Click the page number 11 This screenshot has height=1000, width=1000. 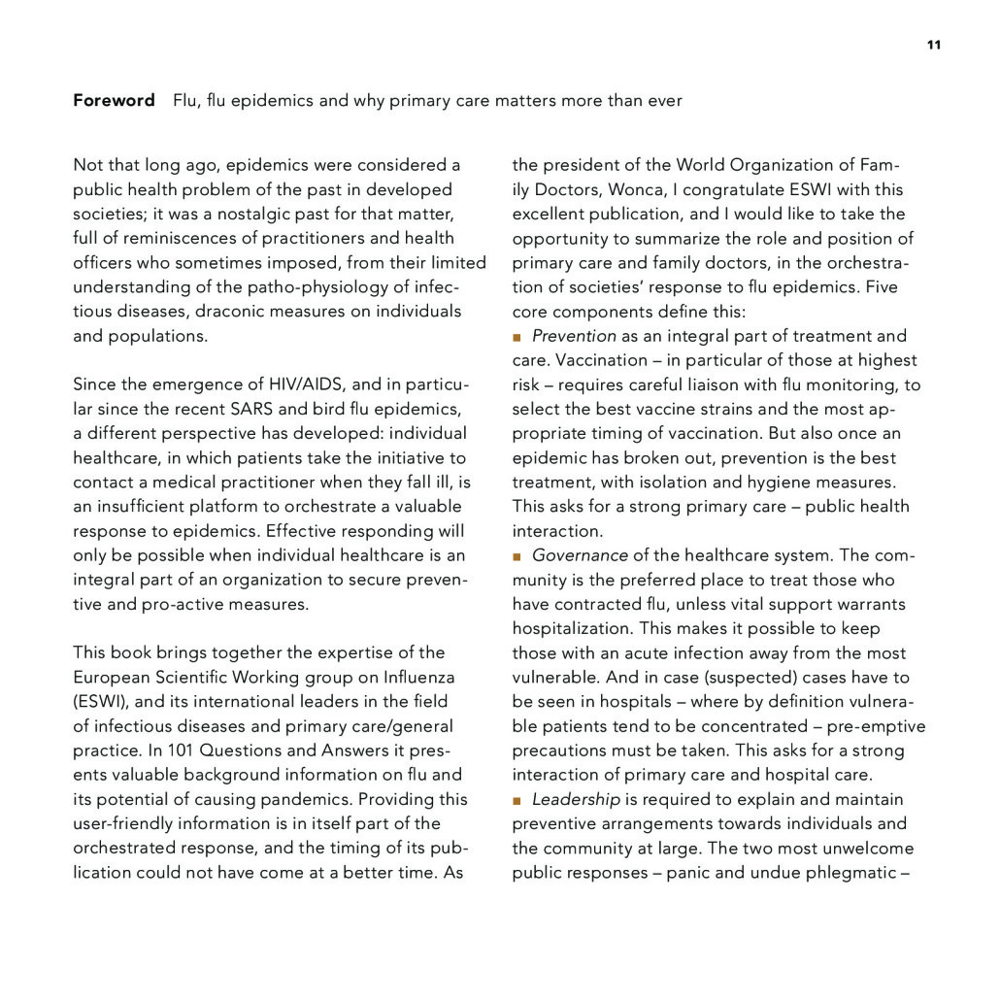point(933,45)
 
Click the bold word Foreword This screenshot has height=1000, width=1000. point(114,101)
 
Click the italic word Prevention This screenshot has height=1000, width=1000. point(574,336)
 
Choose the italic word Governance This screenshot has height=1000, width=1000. point(580,555)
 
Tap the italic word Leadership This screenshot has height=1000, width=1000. point(576,799)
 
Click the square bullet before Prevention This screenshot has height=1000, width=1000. point(517,337)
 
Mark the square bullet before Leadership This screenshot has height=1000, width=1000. point(517,800)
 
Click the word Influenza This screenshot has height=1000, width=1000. point(414,677)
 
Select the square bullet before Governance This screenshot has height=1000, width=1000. point(517,556)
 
